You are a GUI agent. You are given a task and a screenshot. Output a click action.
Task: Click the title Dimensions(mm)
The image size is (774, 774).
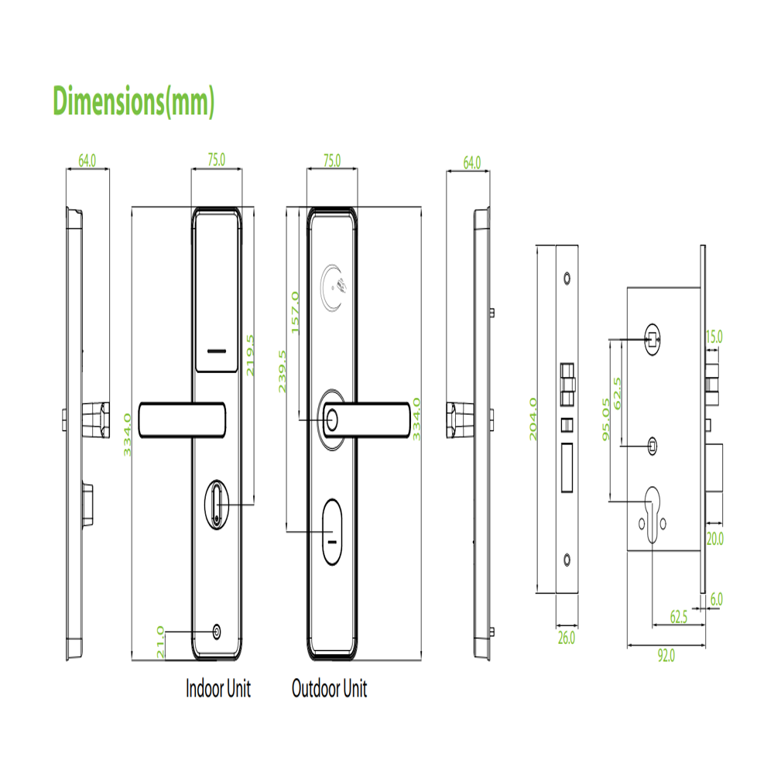[134, 101]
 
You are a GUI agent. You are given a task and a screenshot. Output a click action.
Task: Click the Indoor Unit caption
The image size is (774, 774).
[218, 688]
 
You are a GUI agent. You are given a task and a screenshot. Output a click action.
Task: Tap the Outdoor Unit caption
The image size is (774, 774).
[329, 688]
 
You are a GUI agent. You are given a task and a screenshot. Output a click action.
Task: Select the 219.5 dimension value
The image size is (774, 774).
[250, 355]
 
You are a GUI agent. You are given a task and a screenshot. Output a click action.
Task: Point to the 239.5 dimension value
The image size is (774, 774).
[283, 372]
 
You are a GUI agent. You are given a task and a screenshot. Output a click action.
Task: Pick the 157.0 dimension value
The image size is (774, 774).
[295, 313]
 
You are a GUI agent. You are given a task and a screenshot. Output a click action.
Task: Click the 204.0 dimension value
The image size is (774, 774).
[533, 419]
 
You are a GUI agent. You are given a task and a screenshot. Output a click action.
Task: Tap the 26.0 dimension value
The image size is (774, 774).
[567, 638]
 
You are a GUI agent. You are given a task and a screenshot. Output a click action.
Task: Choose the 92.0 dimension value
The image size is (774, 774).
[666, 656]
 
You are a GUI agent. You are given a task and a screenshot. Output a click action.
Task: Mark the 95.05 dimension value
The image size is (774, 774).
[606, 420]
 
